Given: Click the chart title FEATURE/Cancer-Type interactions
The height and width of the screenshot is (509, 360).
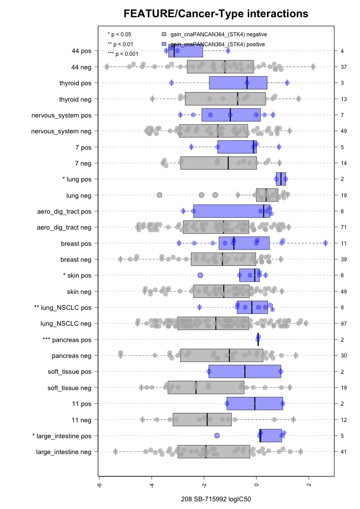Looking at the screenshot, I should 216,14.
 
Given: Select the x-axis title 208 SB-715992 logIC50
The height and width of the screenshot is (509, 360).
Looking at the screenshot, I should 216,499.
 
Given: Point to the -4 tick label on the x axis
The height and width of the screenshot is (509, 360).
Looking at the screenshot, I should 152,485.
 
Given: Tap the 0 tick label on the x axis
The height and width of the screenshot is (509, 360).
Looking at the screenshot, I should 256,485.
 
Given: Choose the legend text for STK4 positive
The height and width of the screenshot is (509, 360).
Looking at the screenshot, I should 218,44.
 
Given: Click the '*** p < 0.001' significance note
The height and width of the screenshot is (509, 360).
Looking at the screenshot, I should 123,54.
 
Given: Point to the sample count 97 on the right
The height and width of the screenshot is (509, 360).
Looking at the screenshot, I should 344,323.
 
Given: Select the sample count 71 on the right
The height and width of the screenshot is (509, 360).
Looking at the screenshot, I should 344,227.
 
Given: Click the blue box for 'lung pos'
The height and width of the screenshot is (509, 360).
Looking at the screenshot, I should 281,179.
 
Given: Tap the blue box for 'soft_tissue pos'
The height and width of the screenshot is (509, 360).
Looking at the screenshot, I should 245,372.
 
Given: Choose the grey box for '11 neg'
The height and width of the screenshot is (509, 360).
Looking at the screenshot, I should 202,420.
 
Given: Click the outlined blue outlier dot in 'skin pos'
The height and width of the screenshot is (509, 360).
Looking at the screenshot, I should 200,275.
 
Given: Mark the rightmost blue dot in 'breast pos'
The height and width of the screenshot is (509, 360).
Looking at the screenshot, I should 325,243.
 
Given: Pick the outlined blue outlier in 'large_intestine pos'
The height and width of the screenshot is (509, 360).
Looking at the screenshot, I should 217,436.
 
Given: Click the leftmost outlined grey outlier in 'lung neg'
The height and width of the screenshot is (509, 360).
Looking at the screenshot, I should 159,195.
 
